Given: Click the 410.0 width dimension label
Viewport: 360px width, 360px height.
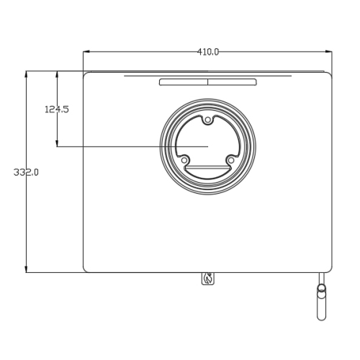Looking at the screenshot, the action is click(208, 52).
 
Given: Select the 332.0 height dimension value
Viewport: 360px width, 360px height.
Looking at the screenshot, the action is click(26, 172).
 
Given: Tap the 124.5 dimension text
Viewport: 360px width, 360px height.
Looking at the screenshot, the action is click(57, 109).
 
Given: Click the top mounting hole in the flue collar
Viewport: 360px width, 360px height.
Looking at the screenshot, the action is click(207, 120).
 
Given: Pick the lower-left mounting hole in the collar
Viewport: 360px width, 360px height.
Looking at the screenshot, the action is click(184, 160).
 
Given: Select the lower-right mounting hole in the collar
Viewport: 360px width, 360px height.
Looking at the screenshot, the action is click(230, 160).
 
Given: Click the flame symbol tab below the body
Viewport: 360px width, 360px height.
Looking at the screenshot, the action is click(208, 279).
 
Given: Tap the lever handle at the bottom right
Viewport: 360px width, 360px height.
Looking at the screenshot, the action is click(321, 302).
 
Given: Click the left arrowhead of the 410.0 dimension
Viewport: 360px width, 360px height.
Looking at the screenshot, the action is click(86, 51).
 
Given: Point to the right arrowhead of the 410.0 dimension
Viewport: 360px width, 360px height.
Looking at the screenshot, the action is click(329, 51).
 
